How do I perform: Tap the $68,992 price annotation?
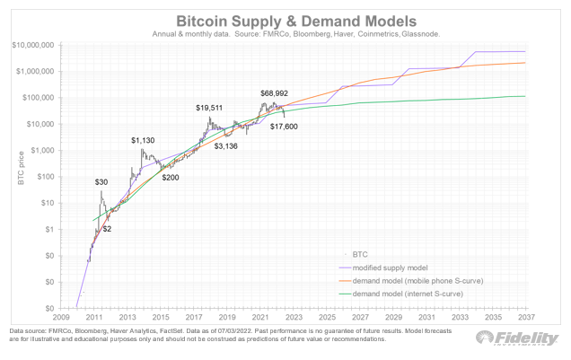[x=274, y=92]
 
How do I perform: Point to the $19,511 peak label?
[x=211, y=108]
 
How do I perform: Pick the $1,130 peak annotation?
[x=144, y=140]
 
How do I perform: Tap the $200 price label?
[x=171, y=178]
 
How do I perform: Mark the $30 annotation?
[x=101, y=182]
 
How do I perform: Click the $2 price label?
[x=107, y=230]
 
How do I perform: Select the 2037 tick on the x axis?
[x=526, y=317]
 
